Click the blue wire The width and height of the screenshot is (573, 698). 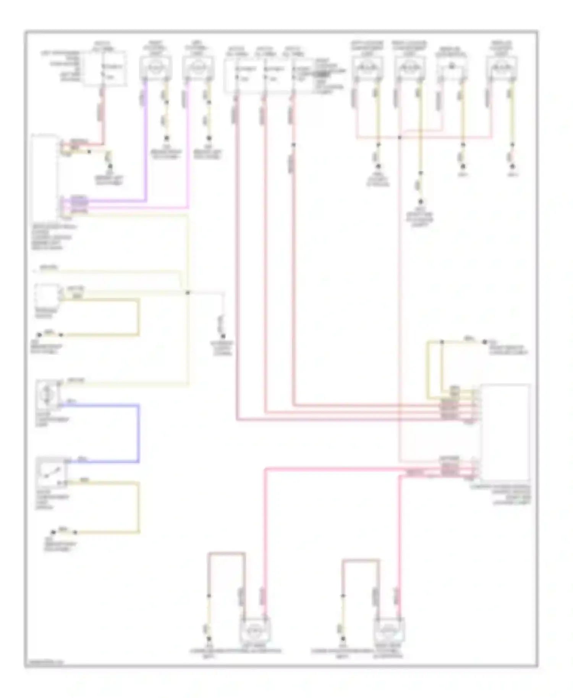coord(138,433)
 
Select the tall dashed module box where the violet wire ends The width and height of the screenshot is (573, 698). coord(45,176)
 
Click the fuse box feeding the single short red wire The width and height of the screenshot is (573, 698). coord(105,69)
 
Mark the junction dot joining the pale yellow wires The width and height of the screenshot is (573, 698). coord(188,293)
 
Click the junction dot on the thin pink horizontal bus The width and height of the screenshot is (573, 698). coord(399,137)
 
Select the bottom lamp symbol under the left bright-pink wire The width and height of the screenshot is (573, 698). coord(255,630)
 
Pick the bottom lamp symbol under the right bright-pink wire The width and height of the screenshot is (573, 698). coord(388,630)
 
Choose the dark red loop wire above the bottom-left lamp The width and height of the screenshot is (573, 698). coord(227,553)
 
